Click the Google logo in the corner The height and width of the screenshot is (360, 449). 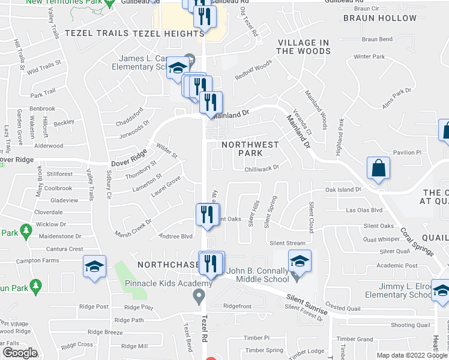coord(20,353)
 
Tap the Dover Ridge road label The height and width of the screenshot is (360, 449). coord(128,155)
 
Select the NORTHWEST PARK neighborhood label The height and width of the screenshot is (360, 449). coord(250,149)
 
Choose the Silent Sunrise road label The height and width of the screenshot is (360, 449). coord(307,304)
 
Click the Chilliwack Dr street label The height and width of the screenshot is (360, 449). coord(262,169)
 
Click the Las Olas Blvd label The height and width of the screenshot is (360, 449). coord(364,210)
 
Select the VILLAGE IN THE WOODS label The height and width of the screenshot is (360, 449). coord(304,47)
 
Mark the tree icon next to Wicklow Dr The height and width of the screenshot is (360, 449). coord(25,230)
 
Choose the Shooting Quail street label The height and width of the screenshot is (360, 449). coord(411,325)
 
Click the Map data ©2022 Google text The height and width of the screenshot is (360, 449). coord(412,355)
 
